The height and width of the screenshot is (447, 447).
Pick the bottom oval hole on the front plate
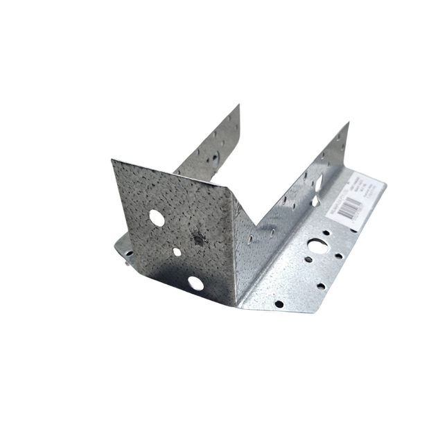(193, 282)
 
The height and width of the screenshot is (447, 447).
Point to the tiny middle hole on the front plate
(177, 252)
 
